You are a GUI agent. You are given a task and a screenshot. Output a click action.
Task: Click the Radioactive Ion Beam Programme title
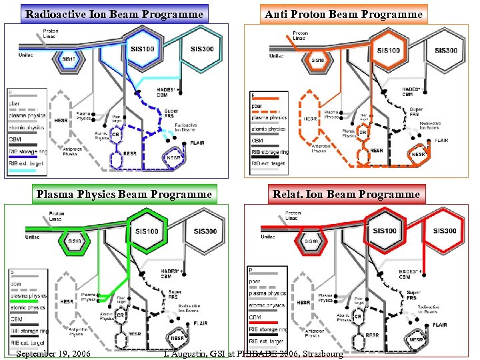(113, 13)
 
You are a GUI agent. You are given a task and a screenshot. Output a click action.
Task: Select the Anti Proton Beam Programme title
(343, 13)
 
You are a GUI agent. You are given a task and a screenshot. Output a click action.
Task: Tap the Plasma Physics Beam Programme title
(125, 194)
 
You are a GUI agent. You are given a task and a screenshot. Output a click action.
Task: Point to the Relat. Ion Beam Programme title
(346, 194)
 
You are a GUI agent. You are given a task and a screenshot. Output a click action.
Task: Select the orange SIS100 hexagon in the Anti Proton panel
(389, 50)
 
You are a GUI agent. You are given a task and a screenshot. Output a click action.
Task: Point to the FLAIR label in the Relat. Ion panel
(439, 325)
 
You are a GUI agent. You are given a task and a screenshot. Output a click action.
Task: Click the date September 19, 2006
(52, 353)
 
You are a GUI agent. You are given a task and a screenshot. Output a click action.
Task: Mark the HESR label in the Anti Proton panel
(310, 119)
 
